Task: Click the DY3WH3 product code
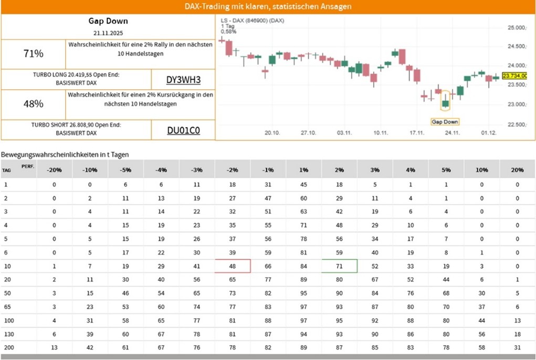[x=183, y=80]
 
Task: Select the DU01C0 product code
[x=183, y=130]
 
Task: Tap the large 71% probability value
[x=34, y=54]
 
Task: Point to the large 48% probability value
[x=34, y=104]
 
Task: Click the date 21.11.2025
[x=108, y=33]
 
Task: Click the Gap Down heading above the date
[x=108, y=21]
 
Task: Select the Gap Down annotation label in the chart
[x=445, y=122]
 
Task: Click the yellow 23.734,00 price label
[x=514, y=76]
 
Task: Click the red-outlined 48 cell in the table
[x=233, y=266]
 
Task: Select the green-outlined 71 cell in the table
[x=339, y=266]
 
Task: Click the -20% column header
[x=54, y=170]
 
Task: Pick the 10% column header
[x=481, y=170]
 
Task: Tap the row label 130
[x=8, y=334]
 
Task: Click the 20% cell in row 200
[x=517, y=348]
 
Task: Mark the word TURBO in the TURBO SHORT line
[x=41, y=125]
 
